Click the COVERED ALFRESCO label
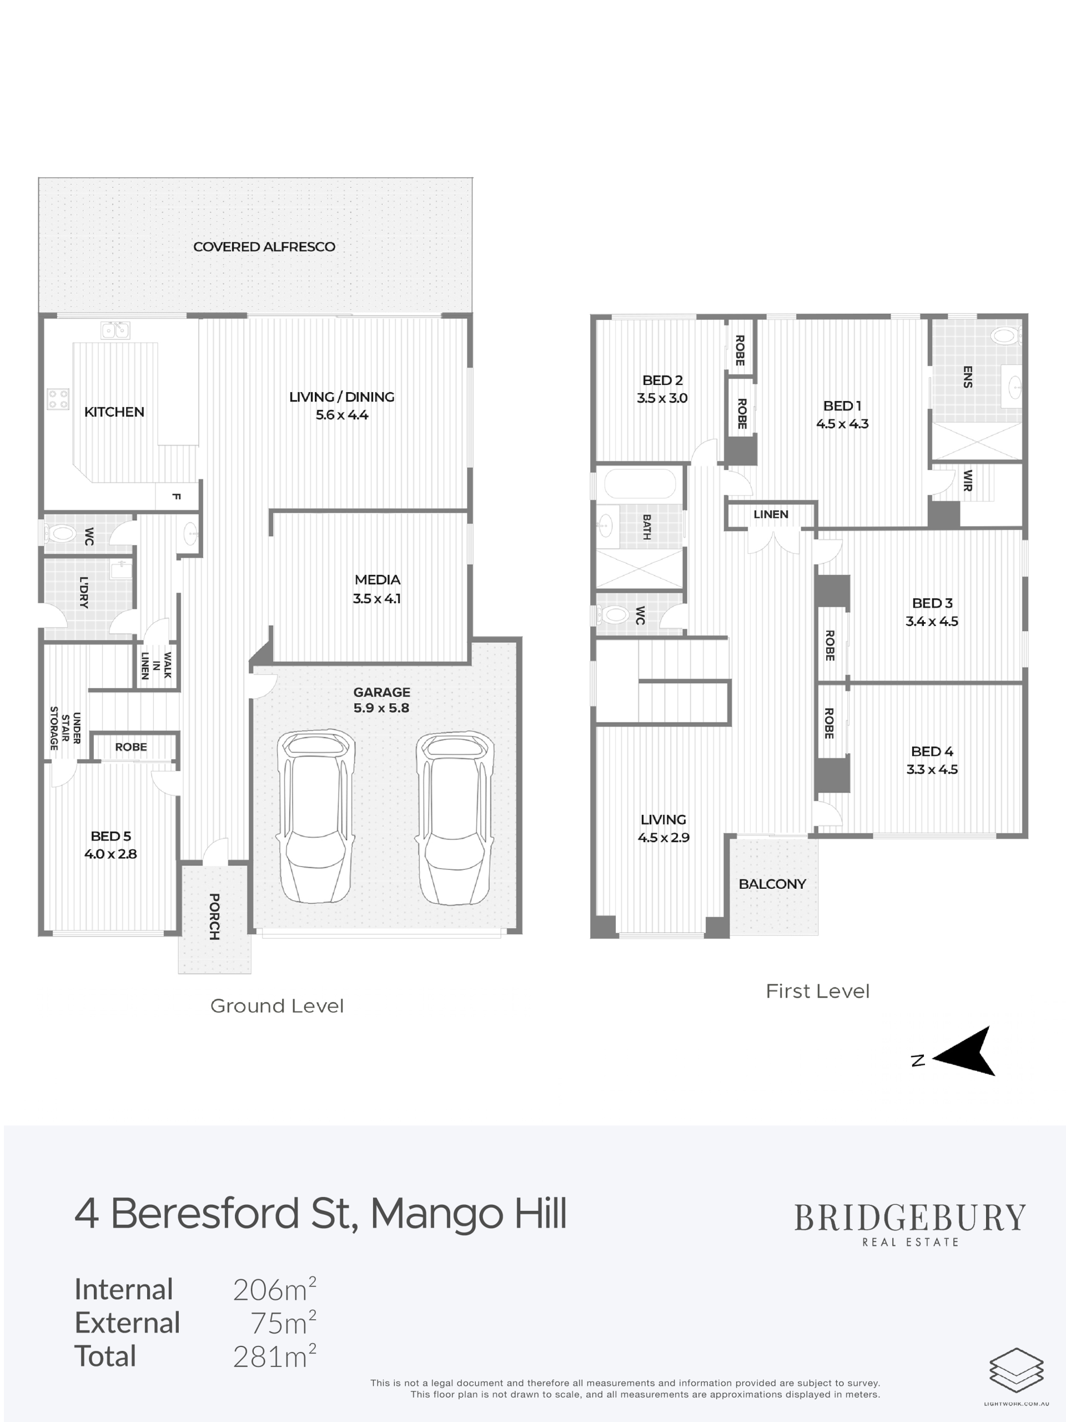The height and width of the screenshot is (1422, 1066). (264, 247)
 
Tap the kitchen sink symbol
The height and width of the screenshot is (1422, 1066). (115, 331)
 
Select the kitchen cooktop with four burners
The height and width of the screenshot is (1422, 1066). (58, 399)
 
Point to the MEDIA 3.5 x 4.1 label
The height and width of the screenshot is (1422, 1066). (377, 589)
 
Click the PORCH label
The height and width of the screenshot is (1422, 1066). (215, 917)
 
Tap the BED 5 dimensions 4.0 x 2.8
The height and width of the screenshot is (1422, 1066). (110, 854)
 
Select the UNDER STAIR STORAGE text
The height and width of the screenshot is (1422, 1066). (65, 728)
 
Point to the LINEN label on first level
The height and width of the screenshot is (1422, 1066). (771, 514)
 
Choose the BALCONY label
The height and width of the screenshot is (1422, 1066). (772, 884)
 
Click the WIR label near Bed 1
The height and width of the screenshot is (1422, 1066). (968, 480)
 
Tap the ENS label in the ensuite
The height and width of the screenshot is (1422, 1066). (968, 377)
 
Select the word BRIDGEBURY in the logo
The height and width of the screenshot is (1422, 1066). (910, 1218)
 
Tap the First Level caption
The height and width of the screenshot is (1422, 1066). (817, 992)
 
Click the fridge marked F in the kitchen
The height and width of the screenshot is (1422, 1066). (177, 496)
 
